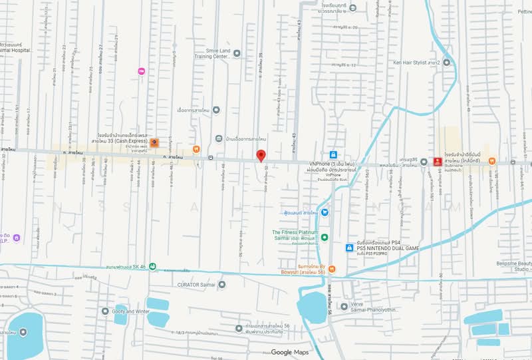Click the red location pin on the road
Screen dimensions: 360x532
pyautogui.click(x=261, y=155)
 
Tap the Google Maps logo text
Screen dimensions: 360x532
pyautogui.click(x=291, y=352)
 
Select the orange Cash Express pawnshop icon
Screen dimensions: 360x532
pyautogui.click(x=154, y=142)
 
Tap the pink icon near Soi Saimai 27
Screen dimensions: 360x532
pyautogui.click(x=141, y=71)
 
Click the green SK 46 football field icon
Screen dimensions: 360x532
pyautogui.click(x=153, y=267)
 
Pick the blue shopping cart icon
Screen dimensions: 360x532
pyautogui.click(x=325, y=212)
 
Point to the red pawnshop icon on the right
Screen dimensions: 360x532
pyautogui.click(x=437, y=161)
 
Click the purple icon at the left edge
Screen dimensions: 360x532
pyautogui.click(x=17, y=238)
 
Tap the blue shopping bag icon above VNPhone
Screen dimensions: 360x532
pyautogui.click(x=333, y=154)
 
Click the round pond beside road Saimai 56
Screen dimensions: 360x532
pyautogui.click(x=312, y=307)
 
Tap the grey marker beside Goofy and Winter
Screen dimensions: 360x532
pyautogui.click(x=105, y=311)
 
